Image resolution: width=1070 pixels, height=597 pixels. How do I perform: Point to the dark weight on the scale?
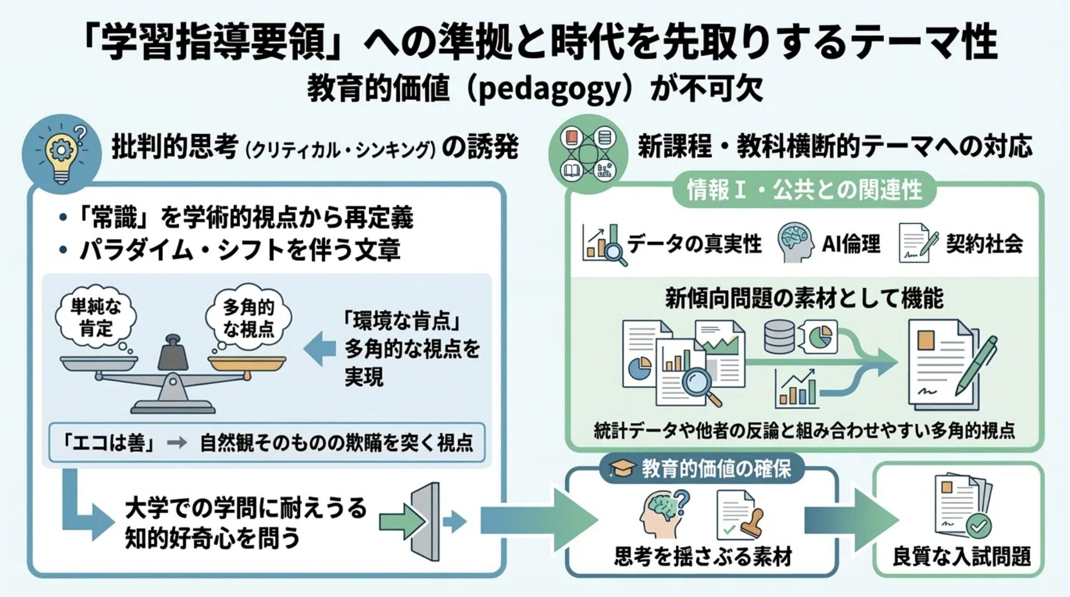tap(172, 353)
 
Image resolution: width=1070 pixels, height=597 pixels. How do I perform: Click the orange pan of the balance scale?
tap(247, 363)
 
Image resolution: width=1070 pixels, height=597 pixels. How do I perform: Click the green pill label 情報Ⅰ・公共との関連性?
tap(804, 190)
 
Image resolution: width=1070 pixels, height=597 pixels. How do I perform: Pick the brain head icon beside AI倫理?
tap(795, 242)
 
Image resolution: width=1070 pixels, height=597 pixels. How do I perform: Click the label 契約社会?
tap(984, 243)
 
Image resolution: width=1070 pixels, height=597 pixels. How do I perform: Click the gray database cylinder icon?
tap(779, 336)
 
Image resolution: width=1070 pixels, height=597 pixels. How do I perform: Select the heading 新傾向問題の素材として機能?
tap(804, 298)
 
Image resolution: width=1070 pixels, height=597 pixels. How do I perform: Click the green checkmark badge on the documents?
tap(978, 526)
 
